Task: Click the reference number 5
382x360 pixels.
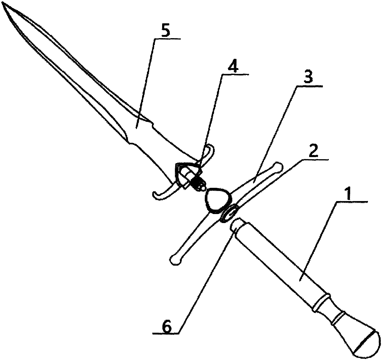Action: pos(166,32)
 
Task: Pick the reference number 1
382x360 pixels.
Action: pos(349,194)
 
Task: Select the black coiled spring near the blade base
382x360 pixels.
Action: pos(197,183)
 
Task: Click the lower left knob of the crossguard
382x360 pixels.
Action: pos(175,260)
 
